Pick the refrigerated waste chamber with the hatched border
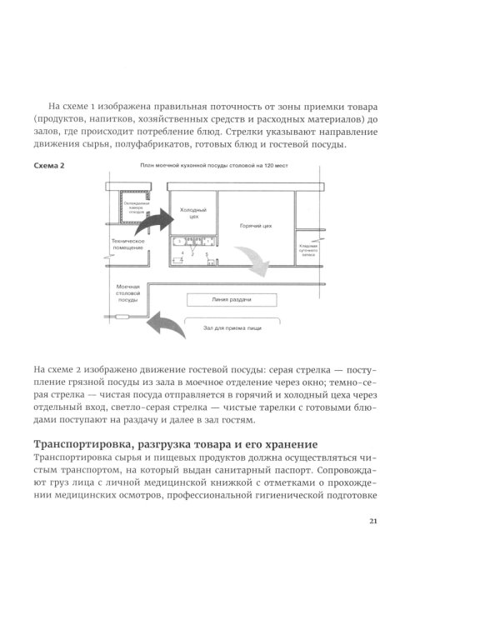click(x=134, y=207)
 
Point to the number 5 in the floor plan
click(x=206, y=253)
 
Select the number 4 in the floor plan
click(x=175, y=252)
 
